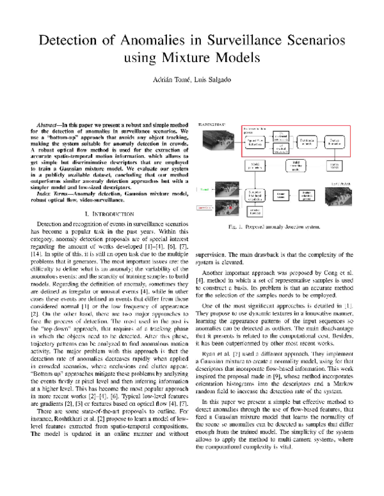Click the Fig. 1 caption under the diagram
point(277,226)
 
